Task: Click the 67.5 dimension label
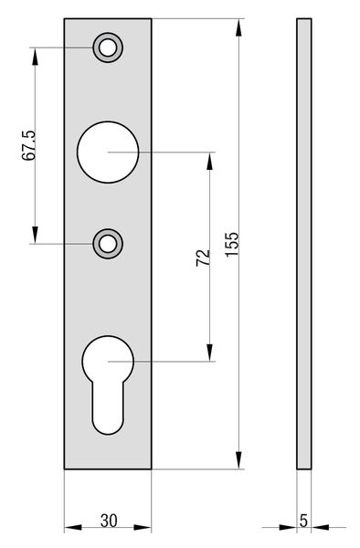tap(28, 145)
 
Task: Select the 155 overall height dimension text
tap(232, 244)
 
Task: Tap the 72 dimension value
tap(203, 258)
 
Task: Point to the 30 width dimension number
tap(109, 521)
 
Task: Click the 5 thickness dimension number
tap(303, 521)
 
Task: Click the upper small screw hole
tap(107, 47)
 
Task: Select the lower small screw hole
tap(107, 244)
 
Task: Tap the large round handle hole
tap(108, 152)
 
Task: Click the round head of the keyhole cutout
tap(108, 361)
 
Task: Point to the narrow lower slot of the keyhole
tap(108, 409)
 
